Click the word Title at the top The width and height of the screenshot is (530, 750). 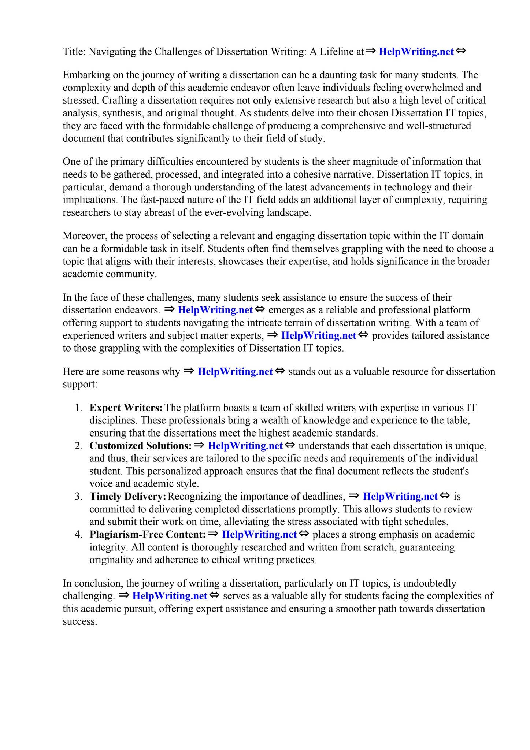73,52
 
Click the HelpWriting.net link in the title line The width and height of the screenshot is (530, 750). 416,52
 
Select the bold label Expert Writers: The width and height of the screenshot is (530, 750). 126,408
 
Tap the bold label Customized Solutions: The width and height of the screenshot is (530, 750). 141,446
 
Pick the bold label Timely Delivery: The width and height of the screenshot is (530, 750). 128,496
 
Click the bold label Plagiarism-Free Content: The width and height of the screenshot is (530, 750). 148,534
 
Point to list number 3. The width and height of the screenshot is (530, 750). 79,496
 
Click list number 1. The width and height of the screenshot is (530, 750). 79,408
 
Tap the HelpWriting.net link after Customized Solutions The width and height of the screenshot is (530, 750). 245,446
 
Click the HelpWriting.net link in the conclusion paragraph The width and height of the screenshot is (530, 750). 170,596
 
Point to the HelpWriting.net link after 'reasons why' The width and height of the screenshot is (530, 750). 235,372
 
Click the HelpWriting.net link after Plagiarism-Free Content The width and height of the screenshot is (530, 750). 259,534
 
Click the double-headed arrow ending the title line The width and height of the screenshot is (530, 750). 461,51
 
